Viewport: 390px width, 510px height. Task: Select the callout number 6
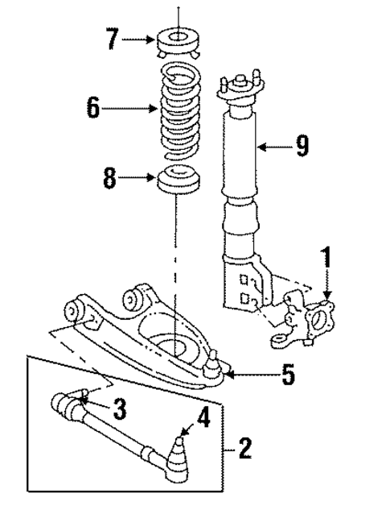pos(94,108)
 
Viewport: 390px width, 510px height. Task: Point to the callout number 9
pos(302,146)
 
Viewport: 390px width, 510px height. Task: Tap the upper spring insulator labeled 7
pos(179,39)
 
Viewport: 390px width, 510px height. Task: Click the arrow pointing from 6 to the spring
pos(133,108)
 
